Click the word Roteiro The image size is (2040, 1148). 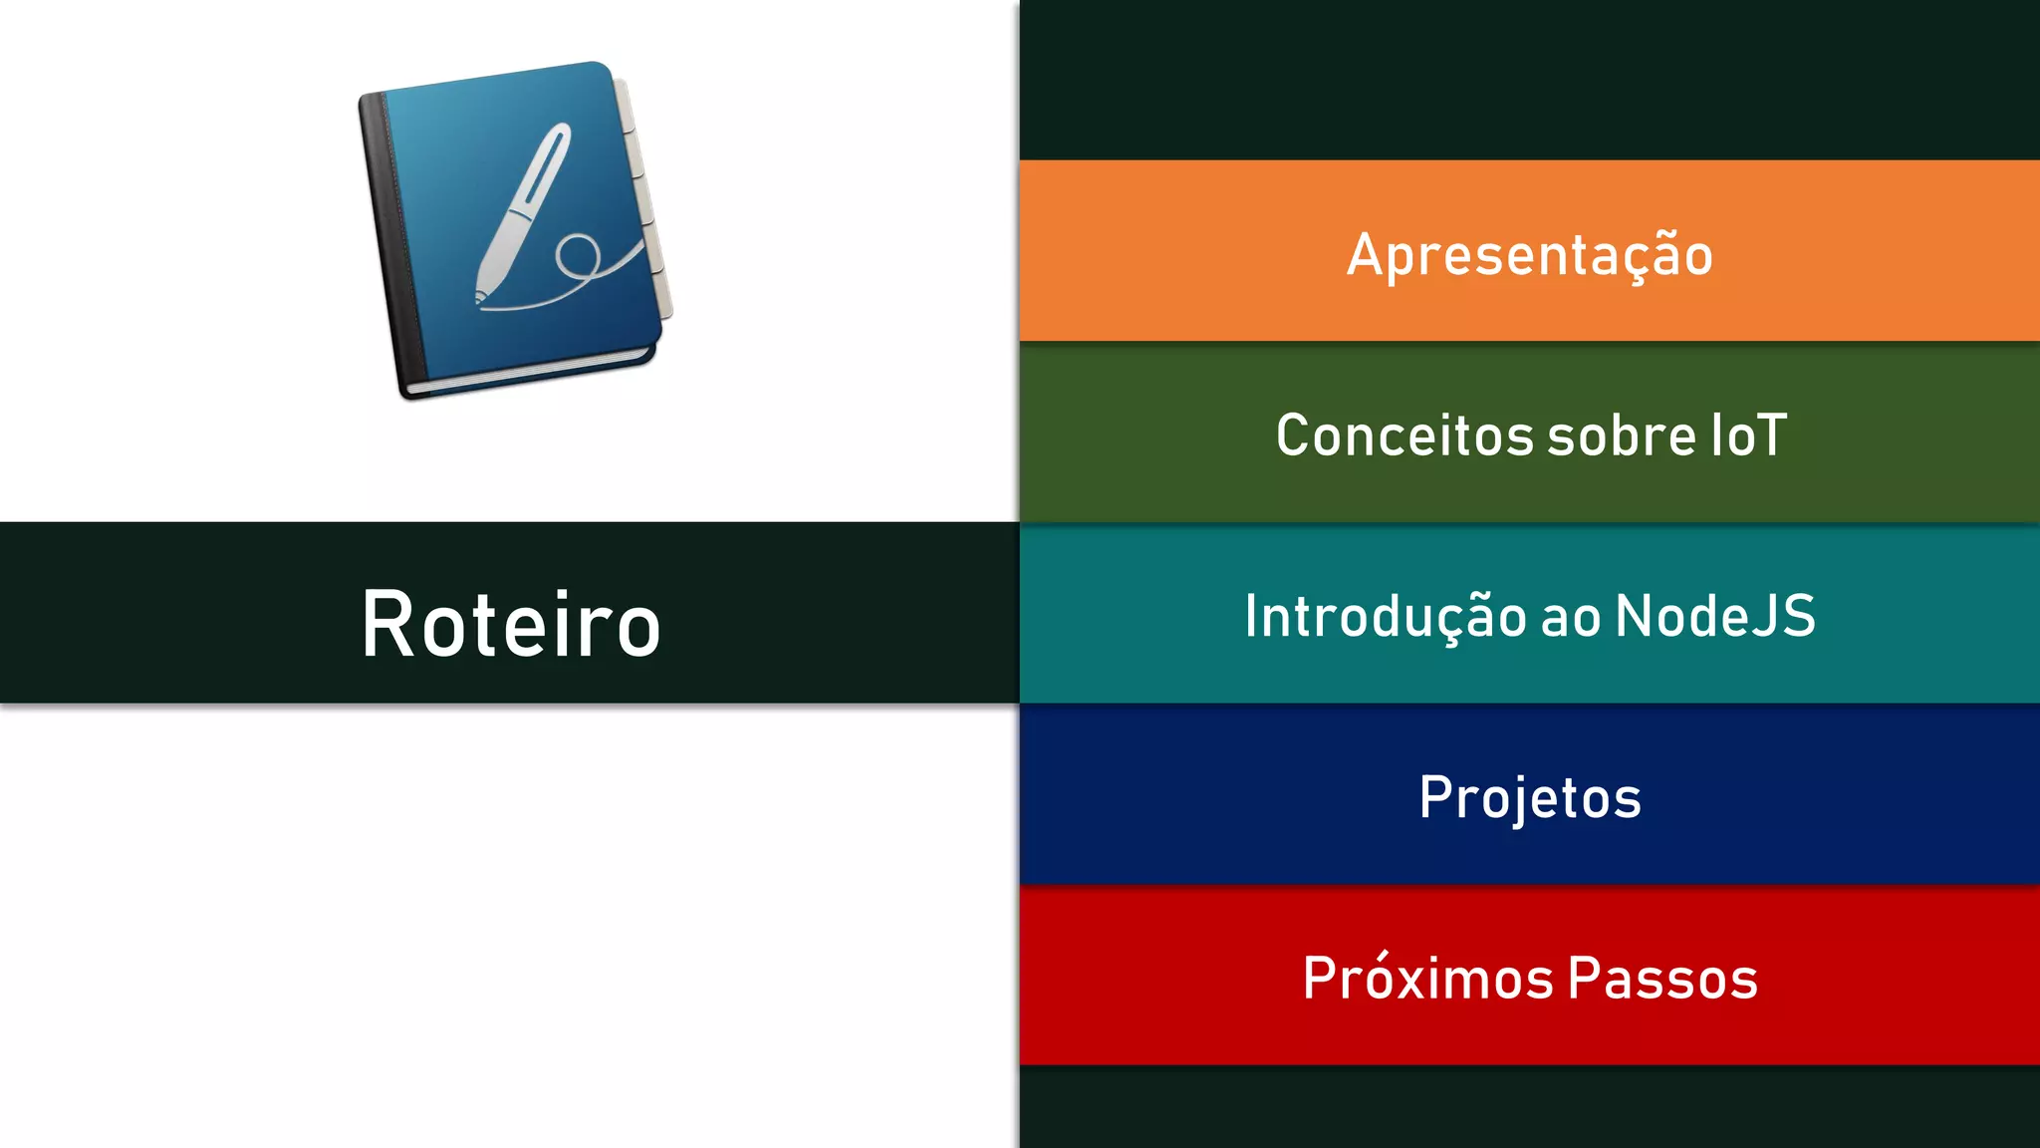[x=510, y=625]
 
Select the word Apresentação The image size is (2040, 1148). [x=1529, y=255]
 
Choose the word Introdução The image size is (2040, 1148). [x=1386, y=616]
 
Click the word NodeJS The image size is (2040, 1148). [x=1715, y=616]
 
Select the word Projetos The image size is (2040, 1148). [x=1529, y=797]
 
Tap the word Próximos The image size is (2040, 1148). [x=1427, y=978]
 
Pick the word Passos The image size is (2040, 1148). [x=1662, y=978]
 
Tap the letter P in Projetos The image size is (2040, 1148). [x=1435, y=797]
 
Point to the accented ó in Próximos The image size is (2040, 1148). [x=1393, y=976]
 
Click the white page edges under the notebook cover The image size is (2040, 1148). [x=528, y=375]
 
